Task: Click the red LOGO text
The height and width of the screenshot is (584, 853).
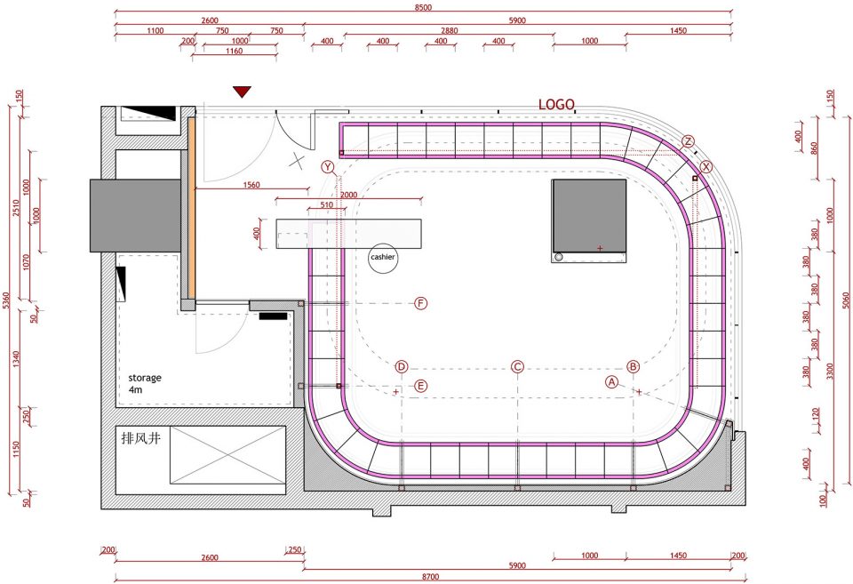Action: click(x=556, y=105)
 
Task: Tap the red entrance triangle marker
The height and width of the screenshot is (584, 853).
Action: click(x=242, y=92)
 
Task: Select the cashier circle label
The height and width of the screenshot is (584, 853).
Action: click(x=383, y=258)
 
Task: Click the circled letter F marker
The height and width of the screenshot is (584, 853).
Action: click(x=420, y=303)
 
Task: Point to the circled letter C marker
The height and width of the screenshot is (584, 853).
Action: click(x=517, y=367)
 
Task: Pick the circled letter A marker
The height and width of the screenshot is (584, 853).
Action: click(x=612, y=382)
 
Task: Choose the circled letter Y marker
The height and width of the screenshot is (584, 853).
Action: click(x=328, y=166)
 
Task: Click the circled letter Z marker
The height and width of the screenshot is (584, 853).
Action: click(x=688, y=141)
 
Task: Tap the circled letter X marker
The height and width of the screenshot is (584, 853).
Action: click(x=706, y=166)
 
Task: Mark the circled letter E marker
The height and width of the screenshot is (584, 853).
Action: click(x=420, y=386)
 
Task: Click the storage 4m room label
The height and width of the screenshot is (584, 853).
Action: click(x=145, y=383)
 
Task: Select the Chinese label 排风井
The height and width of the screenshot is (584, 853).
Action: click(x=141, y=437)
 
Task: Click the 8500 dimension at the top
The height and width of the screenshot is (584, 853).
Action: click(x=423, y=7)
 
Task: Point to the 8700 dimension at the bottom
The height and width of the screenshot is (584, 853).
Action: click(x=430, y=576)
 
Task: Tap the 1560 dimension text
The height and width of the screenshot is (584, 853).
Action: click(x=251, y=185)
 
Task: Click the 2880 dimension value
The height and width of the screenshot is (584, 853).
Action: click(x=449, y=30)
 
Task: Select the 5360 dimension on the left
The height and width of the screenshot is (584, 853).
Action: click(x=6, y=300)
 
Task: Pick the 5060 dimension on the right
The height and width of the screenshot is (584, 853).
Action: click(x=845, y=300)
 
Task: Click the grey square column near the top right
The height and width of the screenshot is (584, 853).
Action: click(x=588, y=220)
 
